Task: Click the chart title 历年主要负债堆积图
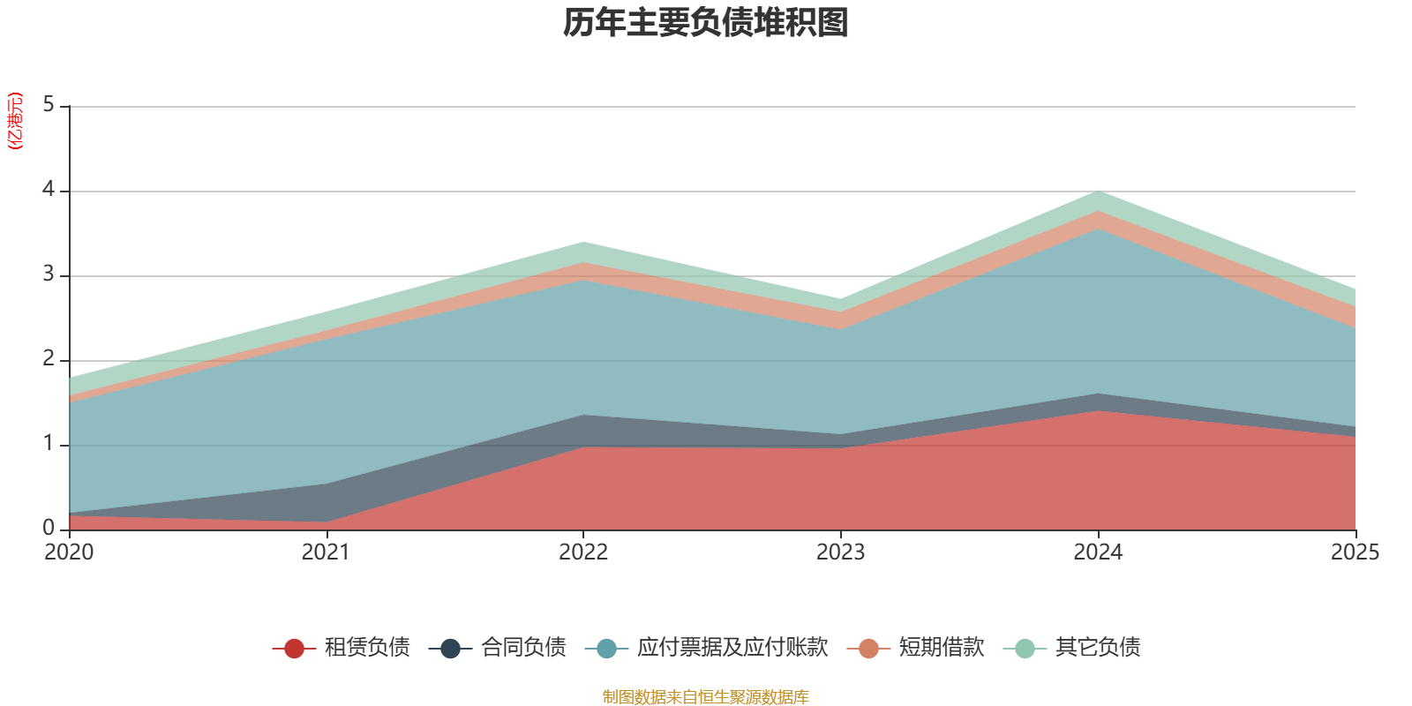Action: pos(706,23)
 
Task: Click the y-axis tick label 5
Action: pos(49,106)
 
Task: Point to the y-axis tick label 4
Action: pos(49,191)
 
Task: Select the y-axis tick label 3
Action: pos(49,275)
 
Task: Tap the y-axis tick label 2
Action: pos(49,360)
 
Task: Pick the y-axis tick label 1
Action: pos(49,445)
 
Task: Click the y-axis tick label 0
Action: pos(49,529)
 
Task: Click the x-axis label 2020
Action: pos(69,552)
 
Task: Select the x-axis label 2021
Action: pos(326,552)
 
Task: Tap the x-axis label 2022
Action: pos(583,552)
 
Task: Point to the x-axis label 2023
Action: pos(840,552)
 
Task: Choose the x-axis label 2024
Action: pos(1098,552)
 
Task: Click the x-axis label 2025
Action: pos(1355,552)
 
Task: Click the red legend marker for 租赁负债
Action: pos(294,649)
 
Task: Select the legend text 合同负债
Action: pos(523,648)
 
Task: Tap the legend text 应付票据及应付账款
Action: pos(732,648)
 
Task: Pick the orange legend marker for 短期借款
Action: pos(868,649)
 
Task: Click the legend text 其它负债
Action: pos(1098,648)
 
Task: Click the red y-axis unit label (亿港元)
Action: pos(15,121)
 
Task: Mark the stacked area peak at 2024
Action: pos(1098,192)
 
